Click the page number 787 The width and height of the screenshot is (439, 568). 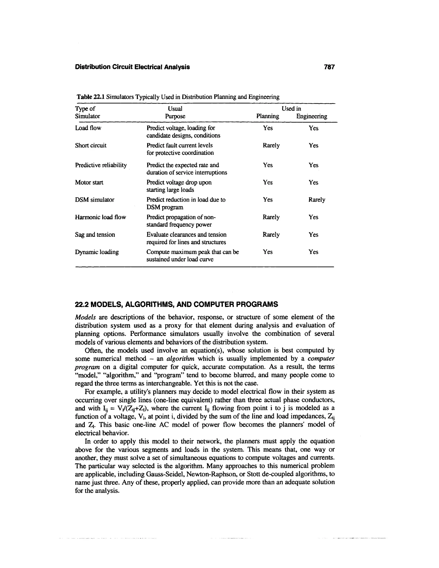click(329, 67)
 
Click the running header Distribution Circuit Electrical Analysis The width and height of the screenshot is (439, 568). click(132, 67)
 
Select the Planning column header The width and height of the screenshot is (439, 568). click(268, 116)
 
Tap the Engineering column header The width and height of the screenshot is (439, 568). click(311, 116)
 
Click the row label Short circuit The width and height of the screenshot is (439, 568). click(91, 145)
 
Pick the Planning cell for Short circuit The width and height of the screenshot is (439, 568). click(271, 145)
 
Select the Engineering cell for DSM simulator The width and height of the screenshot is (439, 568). click(317, 200)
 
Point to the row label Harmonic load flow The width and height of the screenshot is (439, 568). click(100, 217)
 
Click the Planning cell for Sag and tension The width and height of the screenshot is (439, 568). click(271, 234)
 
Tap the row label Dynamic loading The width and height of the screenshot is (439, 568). click(97, 252)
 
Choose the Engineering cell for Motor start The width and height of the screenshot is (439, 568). click(313, 183)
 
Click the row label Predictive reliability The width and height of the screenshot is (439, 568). click(101, 165)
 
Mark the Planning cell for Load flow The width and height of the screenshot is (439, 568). click(268, 128)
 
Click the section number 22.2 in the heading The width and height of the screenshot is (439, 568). click(82, 304)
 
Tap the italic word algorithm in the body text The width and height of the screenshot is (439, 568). click(180, 359)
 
